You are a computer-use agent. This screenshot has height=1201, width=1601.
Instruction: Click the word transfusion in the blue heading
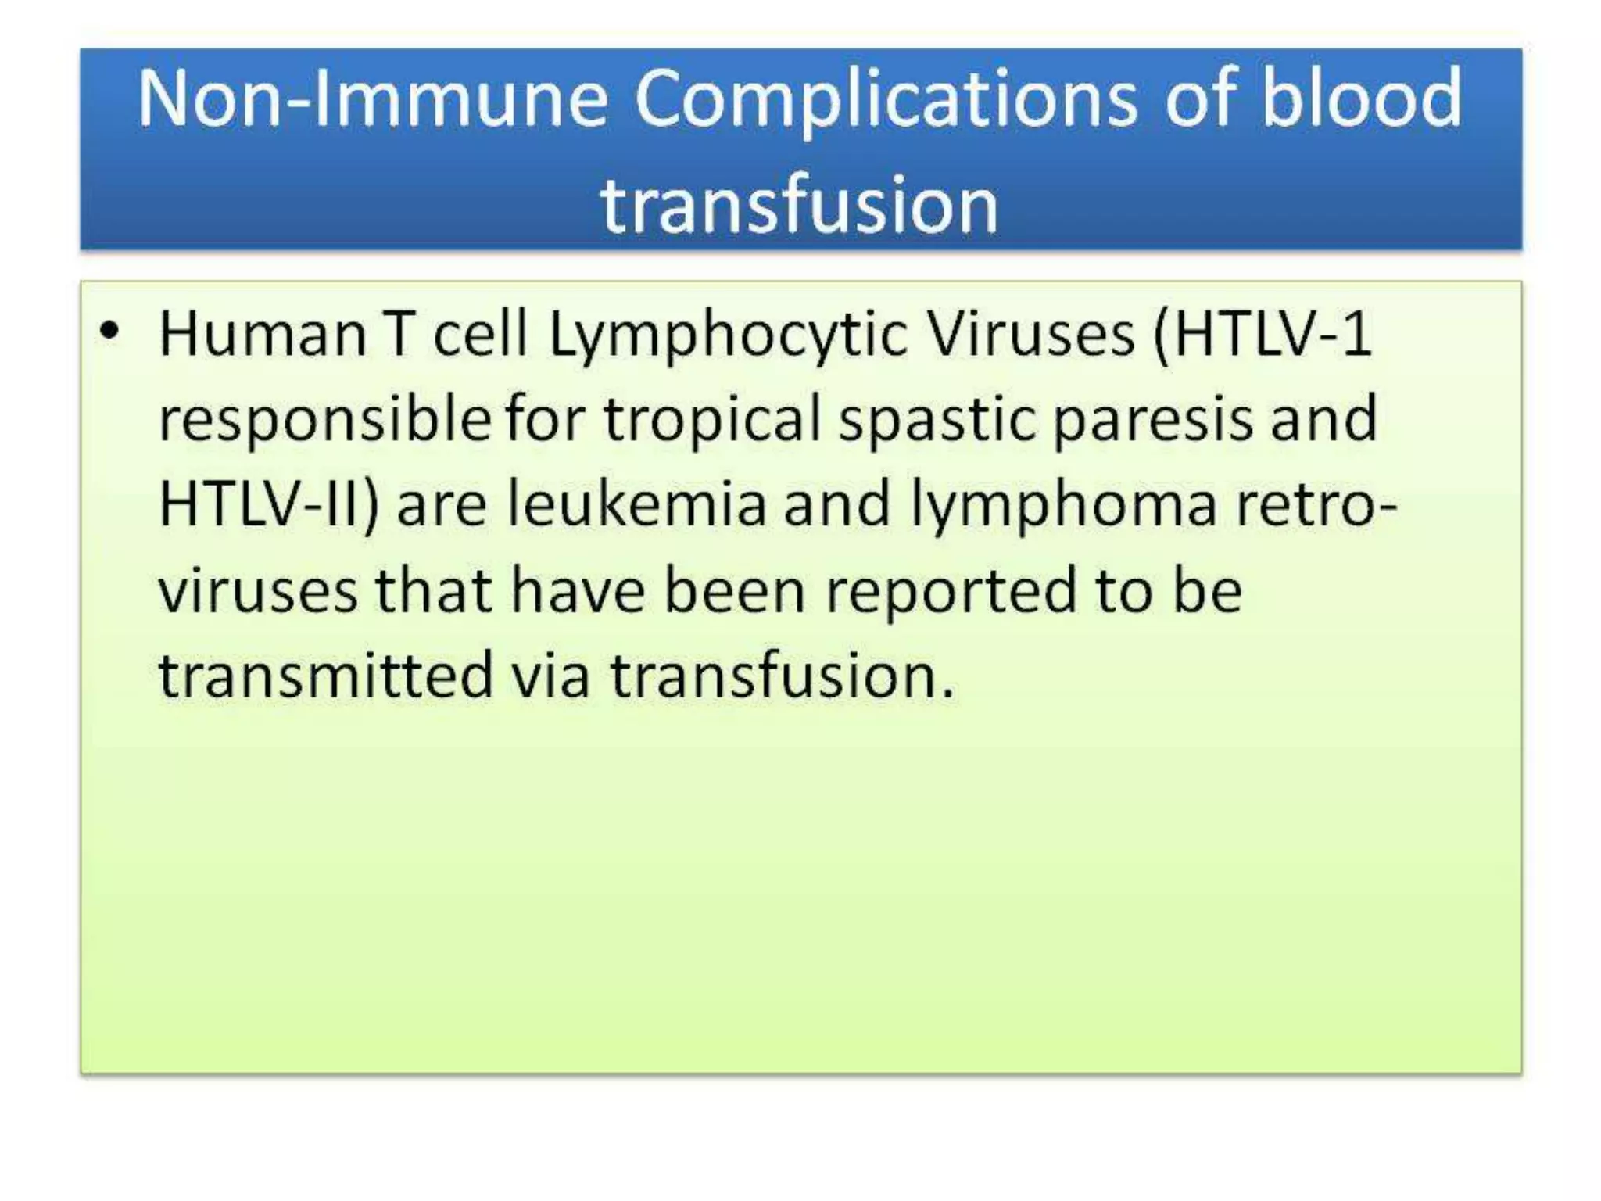click(799, 205)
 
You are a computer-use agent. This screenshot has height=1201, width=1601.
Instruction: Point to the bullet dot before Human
click(110, 332)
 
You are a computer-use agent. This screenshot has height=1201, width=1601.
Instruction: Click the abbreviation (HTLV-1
click(1262, 335)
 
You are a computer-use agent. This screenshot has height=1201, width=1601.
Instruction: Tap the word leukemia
click(636, 504)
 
